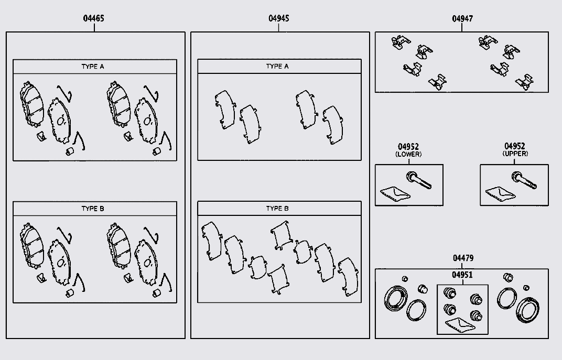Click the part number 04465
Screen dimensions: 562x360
pos(93,18)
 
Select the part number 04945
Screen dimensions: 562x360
pos(279,18)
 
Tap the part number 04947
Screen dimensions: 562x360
pos(462,19)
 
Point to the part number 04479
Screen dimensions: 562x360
pos(463,258)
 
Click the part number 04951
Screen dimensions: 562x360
pos(462,275)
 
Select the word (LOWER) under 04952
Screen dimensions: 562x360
pos(408,155)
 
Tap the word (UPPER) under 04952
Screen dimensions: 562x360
pos(515,154)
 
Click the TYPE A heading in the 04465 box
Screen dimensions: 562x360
pos(93,67)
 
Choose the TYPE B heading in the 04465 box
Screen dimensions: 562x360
pos(93,209)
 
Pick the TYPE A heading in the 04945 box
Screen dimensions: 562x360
pos(277,66)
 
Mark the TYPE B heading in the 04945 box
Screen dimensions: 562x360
pos(277,209)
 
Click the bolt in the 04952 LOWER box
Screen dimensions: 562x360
pos(419,180)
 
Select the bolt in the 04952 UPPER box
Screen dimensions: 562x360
pos(524,180)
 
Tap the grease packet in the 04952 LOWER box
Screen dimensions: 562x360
pos(395,193)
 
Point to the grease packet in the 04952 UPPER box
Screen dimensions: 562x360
pos(500,193)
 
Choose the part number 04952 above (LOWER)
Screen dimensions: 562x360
pos(408,147)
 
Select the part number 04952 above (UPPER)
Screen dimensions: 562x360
pos(515,146)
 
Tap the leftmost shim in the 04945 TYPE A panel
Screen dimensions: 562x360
pos(225,110)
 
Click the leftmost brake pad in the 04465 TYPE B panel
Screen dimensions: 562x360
pos(31,246)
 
